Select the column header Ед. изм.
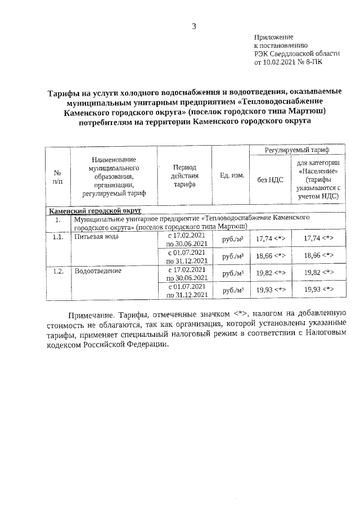232,175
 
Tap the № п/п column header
57,175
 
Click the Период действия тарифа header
185,175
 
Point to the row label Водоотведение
98,271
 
